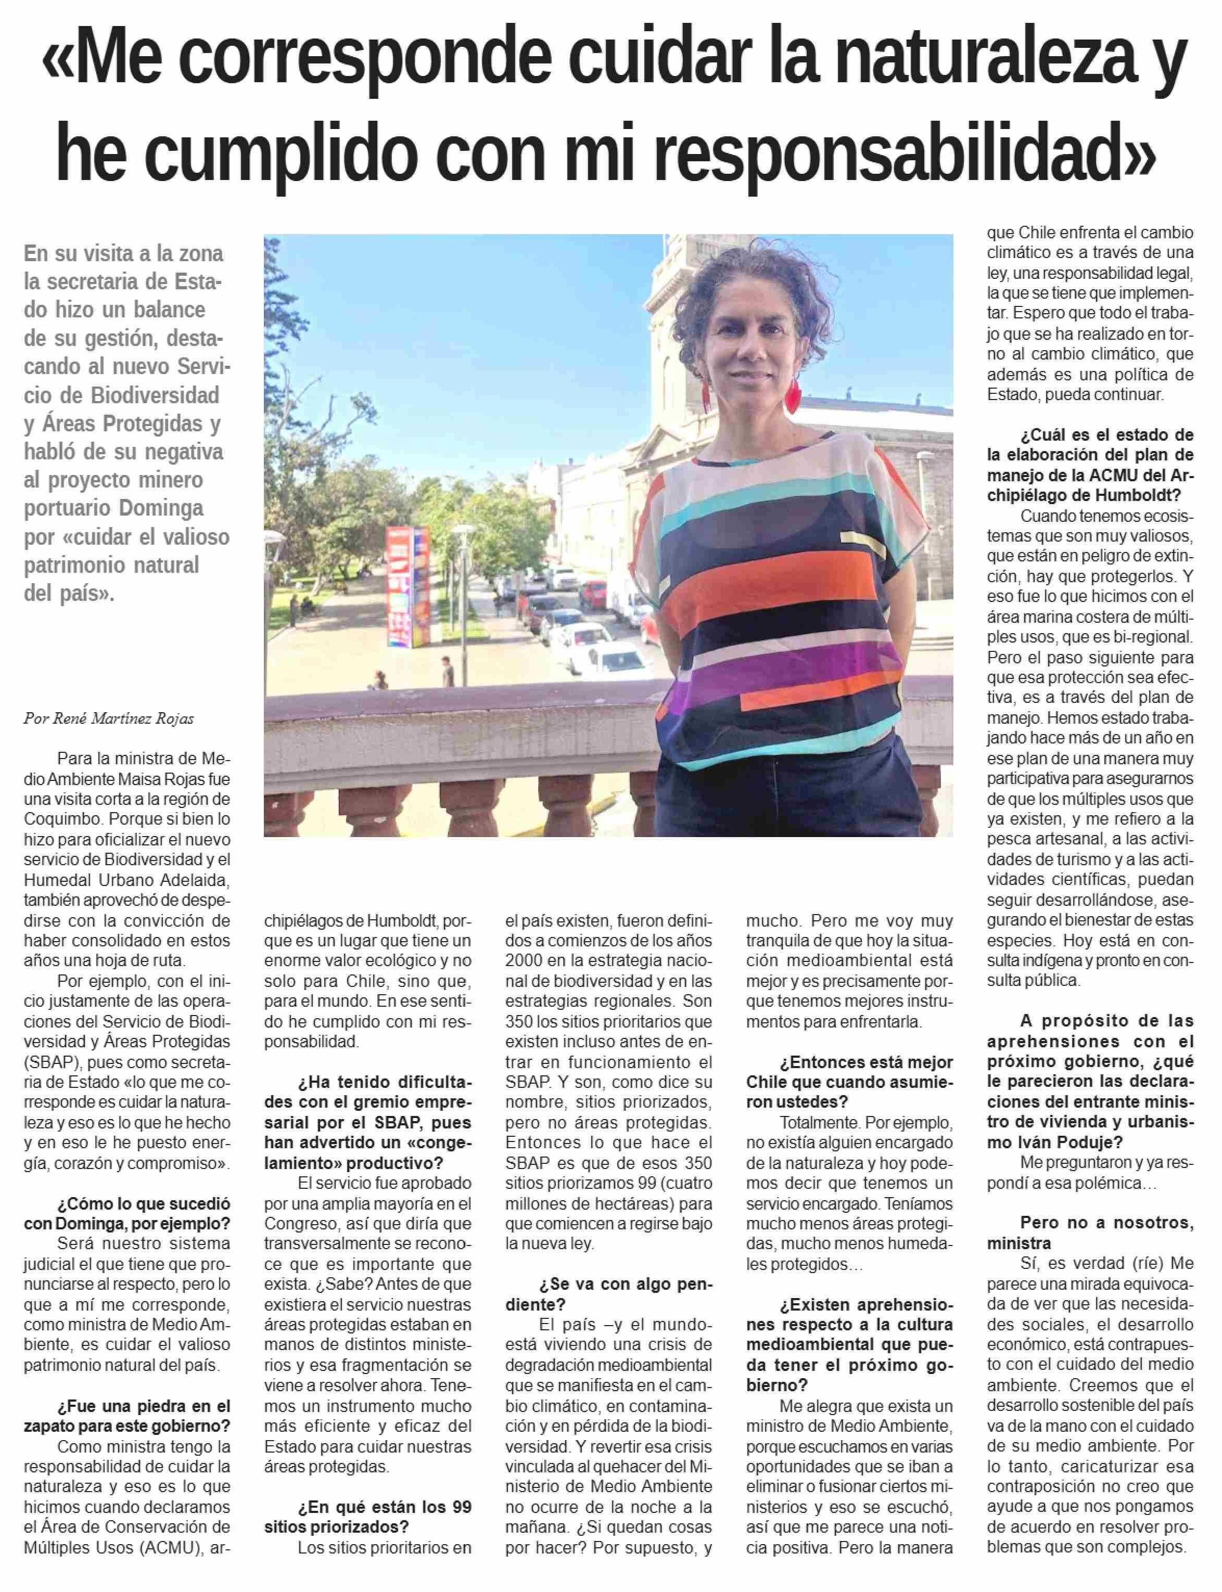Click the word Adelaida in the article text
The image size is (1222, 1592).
coord(196,880)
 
